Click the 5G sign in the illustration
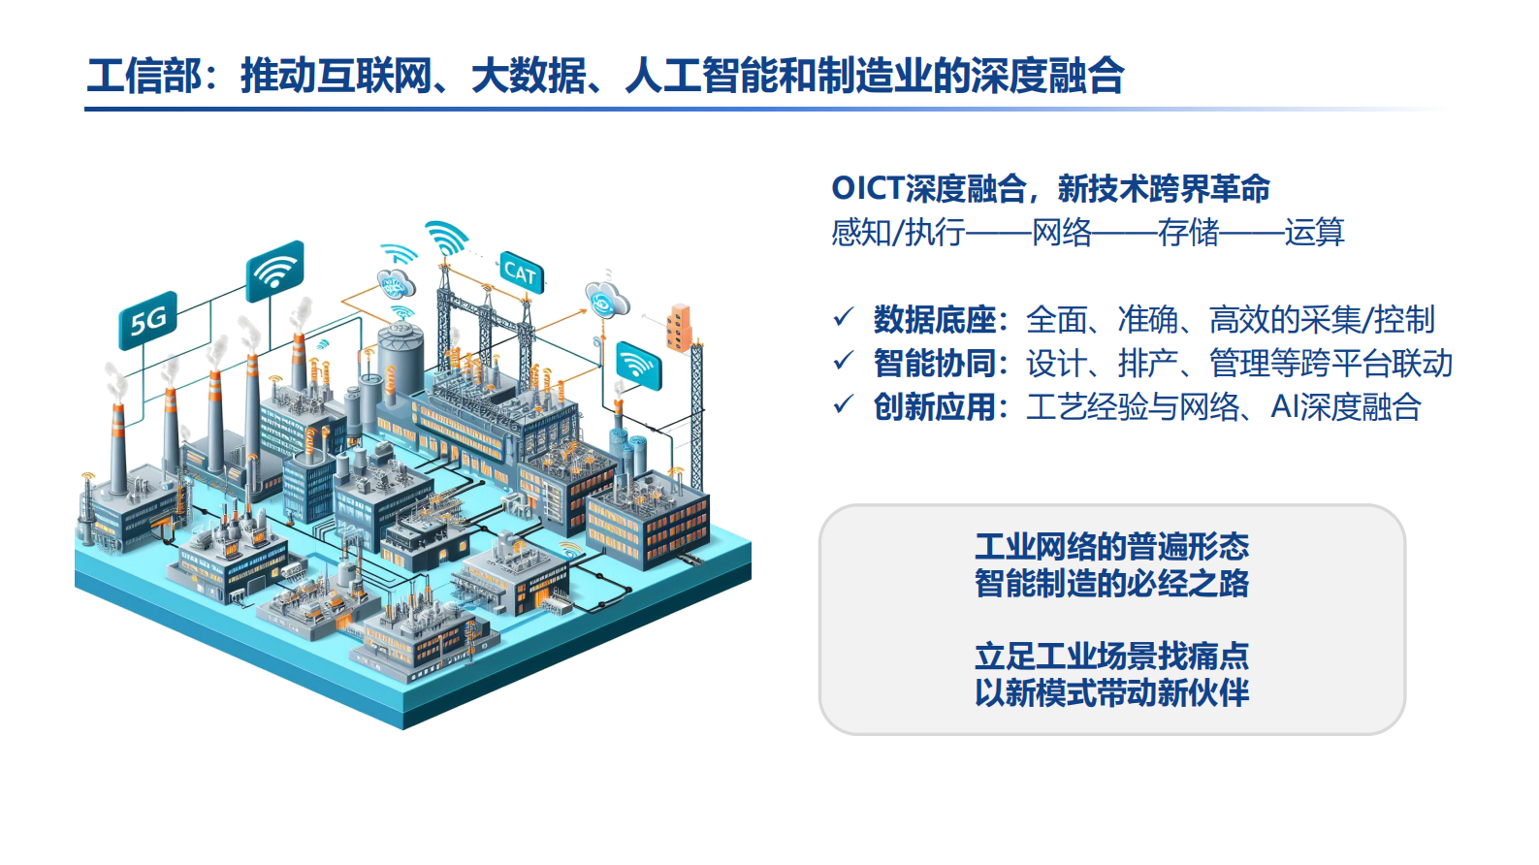[148, 320]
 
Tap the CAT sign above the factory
[521, 273]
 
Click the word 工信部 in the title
[144, 76]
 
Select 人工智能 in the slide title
[702, 76]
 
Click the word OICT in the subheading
[868, 188]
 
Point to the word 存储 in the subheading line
[1188, 233]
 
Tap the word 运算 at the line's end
[1314, 233]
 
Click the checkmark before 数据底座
[844, 317]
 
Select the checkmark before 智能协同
[844, 362]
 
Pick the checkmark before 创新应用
[844, 404]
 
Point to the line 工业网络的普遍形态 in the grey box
[1111, 546]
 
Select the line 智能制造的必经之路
[1111, 584]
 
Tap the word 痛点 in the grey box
[1218, 657]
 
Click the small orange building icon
[679, 328]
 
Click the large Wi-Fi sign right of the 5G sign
[275, 271]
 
